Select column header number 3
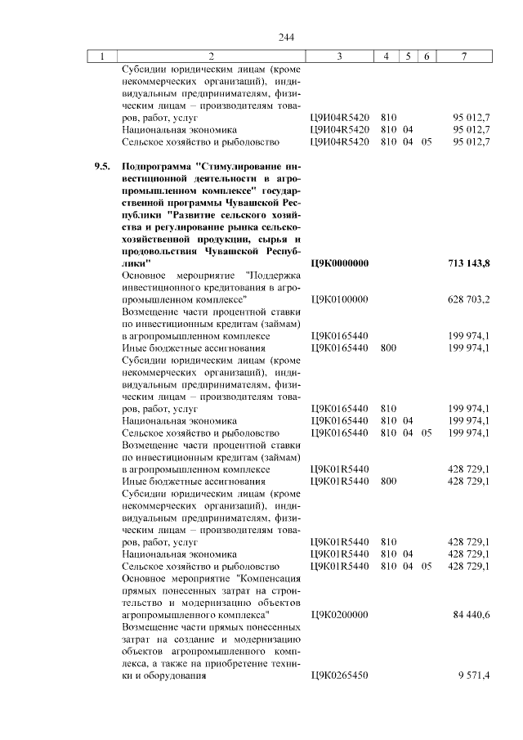339,56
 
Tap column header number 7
464,56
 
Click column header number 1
102,56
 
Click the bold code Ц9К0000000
340,263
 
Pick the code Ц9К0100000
339,300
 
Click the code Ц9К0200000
339,614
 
